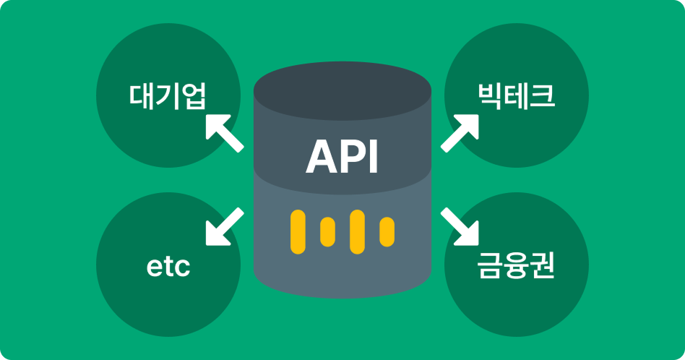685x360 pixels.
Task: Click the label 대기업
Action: coord(168,95)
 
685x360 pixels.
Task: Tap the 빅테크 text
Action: coord(516,95)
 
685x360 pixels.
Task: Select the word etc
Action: coord(168,267)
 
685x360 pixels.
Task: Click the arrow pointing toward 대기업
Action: coord(223,132)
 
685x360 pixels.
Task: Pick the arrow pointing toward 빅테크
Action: coord(460,132)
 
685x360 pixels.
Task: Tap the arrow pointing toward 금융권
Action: coord(461,227)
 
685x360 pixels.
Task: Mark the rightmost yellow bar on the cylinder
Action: coord(387,231)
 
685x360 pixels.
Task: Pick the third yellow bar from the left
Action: coord(356,231)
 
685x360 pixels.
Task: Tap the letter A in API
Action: coord(322,156)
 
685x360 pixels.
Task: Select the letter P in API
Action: coord(352,156)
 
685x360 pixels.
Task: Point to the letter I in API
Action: coord(374,156)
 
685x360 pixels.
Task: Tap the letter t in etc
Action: coord(168,267)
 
